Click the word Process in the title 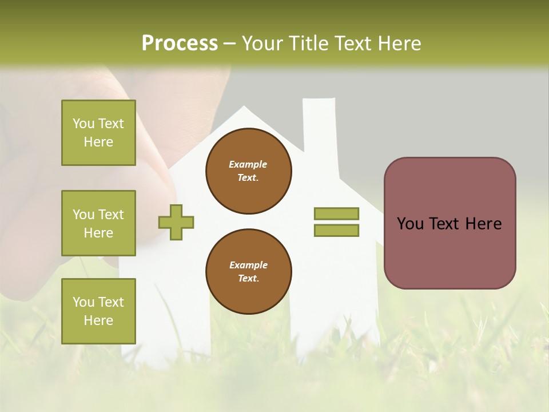tap(180, 43)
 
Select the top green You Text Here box tap(98, 133)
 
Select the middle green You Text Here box tap(98, 223)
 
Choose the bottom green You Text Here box tap(98, 311)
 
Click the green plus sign tap(176, 222)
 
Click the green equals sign tap(336, 222)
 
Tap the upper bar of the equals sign tap(336, 214)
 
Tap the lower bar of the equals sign tap(336, 231)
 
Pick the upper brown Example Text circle tap(248, 171)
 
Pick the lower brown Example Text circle tap(248, 272)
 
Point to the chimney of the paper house tap(319, 123)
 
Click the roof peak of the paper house tap(244, 110)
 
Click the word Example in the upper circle tap(248, 164)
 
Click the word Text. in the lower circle tap(248, 279)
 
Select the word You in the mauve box tap(409, 224)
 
